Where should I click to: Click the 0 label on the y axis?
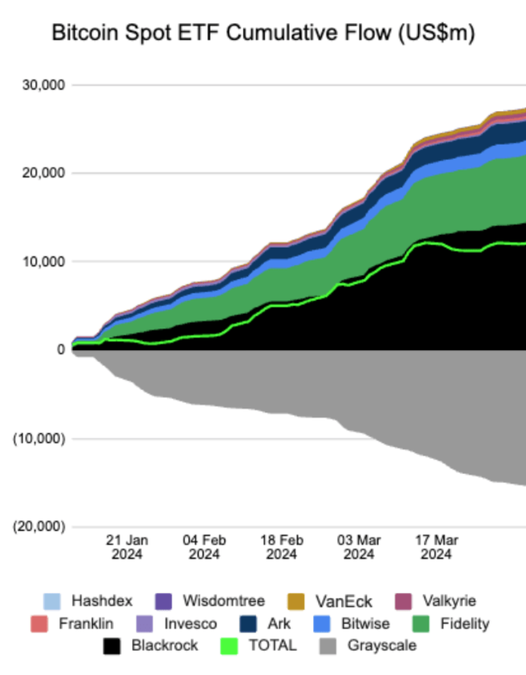pyautogui.click(x=60, y=350)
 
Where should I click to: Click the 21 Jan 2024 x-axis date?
pyautogui.click(x=127, y=547)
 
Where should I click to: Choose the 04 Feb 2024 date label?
pyautogui.click(x=204, y=547)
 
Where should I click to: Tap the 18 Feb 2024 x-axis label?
pyautogui.click(x=281, y=547)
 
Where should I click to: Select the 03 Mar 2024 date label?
pyautogui.click(x=359, y=547)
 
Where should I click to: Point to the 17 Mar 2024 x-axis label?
pyautogui.click(x=436, y=547)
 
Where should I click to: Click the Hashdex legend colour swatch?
pyautogui.click(x=52, y=601)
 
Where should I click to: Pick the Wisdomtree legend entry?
pyautogui.click(x=223, y=601)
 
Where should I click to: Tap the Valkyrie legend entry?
pyautogui.click(x=449, y=601)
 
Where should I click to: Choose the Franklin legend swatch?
pyautogui.click(x=39, y=624)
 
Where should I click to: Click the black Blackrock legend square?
pyautogui.click(x=113, y=646)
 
